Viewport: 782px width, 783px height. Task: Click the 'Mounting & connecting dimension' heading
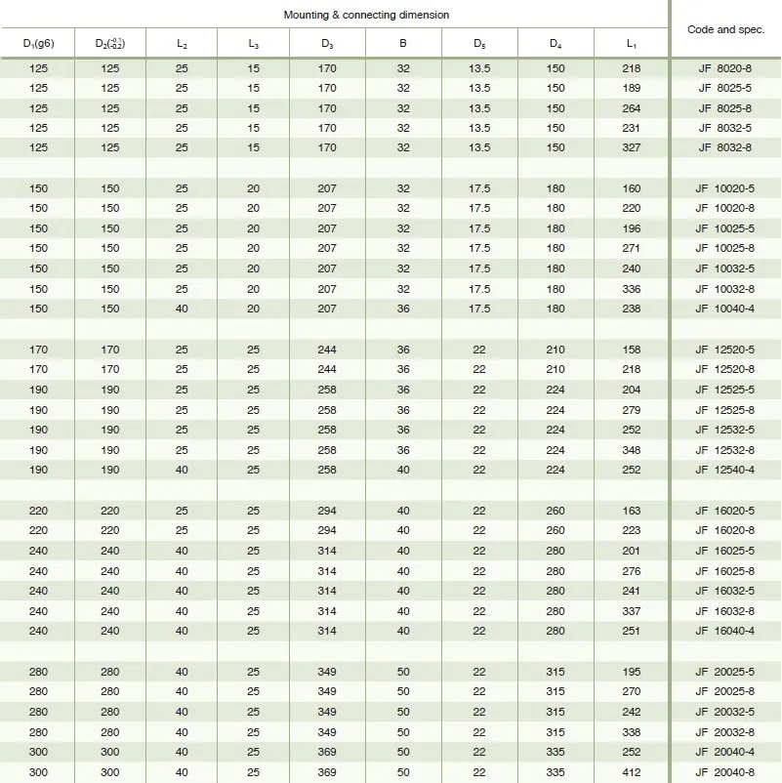pyautogui.click(x=366, y=16)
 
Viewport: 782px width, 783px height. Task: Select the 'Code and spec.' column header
pyautogui.click(x=725, y=29)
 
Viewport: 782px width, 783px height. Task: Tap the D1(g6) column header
pyautogui.click(x=38, y=44)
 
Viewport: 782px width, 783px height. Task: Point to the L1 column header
pyautogui.click(x=632, y=44)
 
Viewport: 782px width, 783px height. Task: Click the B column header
pyautogui.click(x=403, y=44)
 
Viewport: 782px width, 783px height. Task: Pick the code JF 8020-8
pyautogui.click(x=723, y=67)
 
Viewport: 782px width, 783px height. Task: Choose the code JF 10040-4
pyautogui.click(x=723, y=309)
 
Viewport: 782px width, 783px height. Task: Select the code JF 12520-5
pyautogui.click(x=723, y=350)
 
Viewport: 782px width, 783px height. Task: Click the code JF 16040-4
pyautogui.click(x=723, y=631)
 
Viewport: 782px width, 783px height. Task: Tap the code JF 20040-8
pyautogui.click(x=723, y=772)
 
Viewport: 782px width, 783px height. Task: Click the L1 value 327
pyautogui.click(x=632, y=147)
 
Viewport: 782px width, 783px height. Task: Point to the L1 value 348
pyautogui.click(x=632, y=450)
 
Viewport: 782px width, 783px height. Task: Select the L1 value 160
pyautogui.click(x=632, y=188)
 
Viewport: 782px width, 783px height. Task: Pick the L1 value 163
pyautogui.click(x=632, y=511)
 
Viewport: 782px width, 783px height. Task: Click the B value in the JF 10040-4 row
pyautogui.click(x=403, y=309)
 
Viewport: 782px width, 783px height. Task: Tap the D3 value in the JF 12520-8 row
pyautogui.click(x=327, y=369)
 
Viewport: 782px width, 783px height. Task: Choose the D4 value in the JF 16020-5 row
pyautogui.click(x=556, y=511)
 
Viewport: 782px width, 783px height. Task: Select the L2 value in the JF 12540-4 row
pyautogui.click(x=182, y=470)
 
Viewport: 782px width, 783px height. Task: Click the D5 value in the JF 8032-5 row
pyautogui.click(x=479, y=128)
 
